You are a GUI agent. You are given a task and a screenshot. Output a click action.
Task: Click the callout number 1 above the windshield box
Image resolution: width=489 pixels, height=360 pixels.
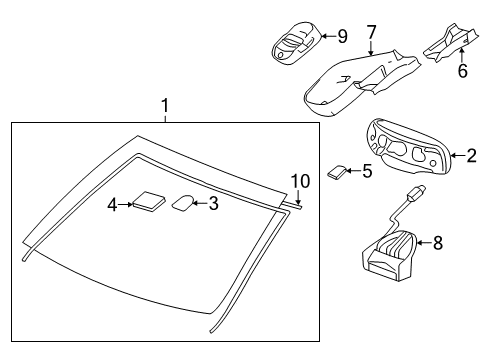tap(166, 105)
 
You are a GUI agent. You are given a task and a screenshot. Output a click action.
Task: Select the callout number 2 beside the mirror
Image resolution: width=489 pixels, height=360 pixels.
tap(472, 155)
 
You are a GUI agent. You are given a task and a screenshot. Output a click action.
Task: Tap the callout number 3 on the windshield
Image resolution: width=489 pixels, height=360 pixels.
tap(212, 203)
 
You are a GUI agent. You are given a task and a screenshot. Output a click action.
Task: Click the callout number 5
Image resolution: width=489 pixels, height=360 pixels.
tap(367, 171)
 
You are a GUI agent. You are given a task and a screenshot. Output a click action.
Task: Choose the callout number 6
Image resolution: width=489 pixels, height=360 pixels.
tap(462, 71)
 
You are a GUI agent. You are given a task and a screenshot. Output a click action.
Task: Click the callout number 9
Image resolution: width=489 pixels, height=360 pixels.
tap(342, 37)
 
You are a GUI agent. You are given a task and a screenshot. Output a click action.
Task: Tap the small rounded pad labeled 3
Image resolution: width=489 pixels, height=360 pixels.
tap(184, 202)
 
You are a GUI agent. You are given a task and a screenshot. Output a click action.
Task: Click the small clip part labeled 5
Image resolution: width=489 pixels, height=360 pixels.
tap(339, 173)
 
